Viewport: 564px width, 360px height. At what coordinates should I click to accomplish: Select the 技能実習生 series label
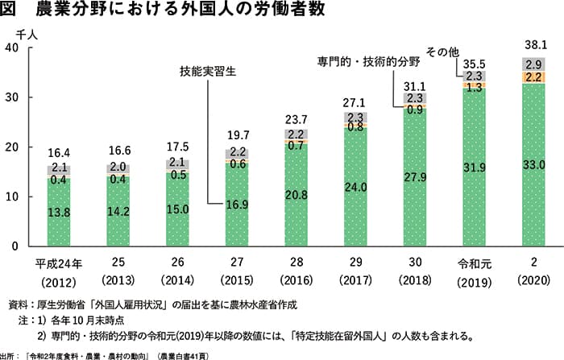click(x=207, y=71)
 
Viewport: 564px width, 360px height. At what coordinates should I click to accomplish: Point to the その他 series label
click(x=442, y=52)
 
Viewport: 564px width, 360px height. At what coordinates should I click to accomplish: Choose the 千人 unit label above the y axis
click(x=17, y=33)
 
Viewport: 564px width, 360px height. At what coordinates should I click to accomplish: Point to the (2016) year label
click(x=295, y=281)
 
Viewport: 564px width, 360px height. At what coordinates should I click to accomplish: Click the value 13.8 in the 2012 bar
click(x=59, y=212)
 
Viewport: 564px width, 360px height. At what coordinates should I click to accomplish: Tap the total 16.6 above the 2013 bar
click(x=118, y=149)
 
